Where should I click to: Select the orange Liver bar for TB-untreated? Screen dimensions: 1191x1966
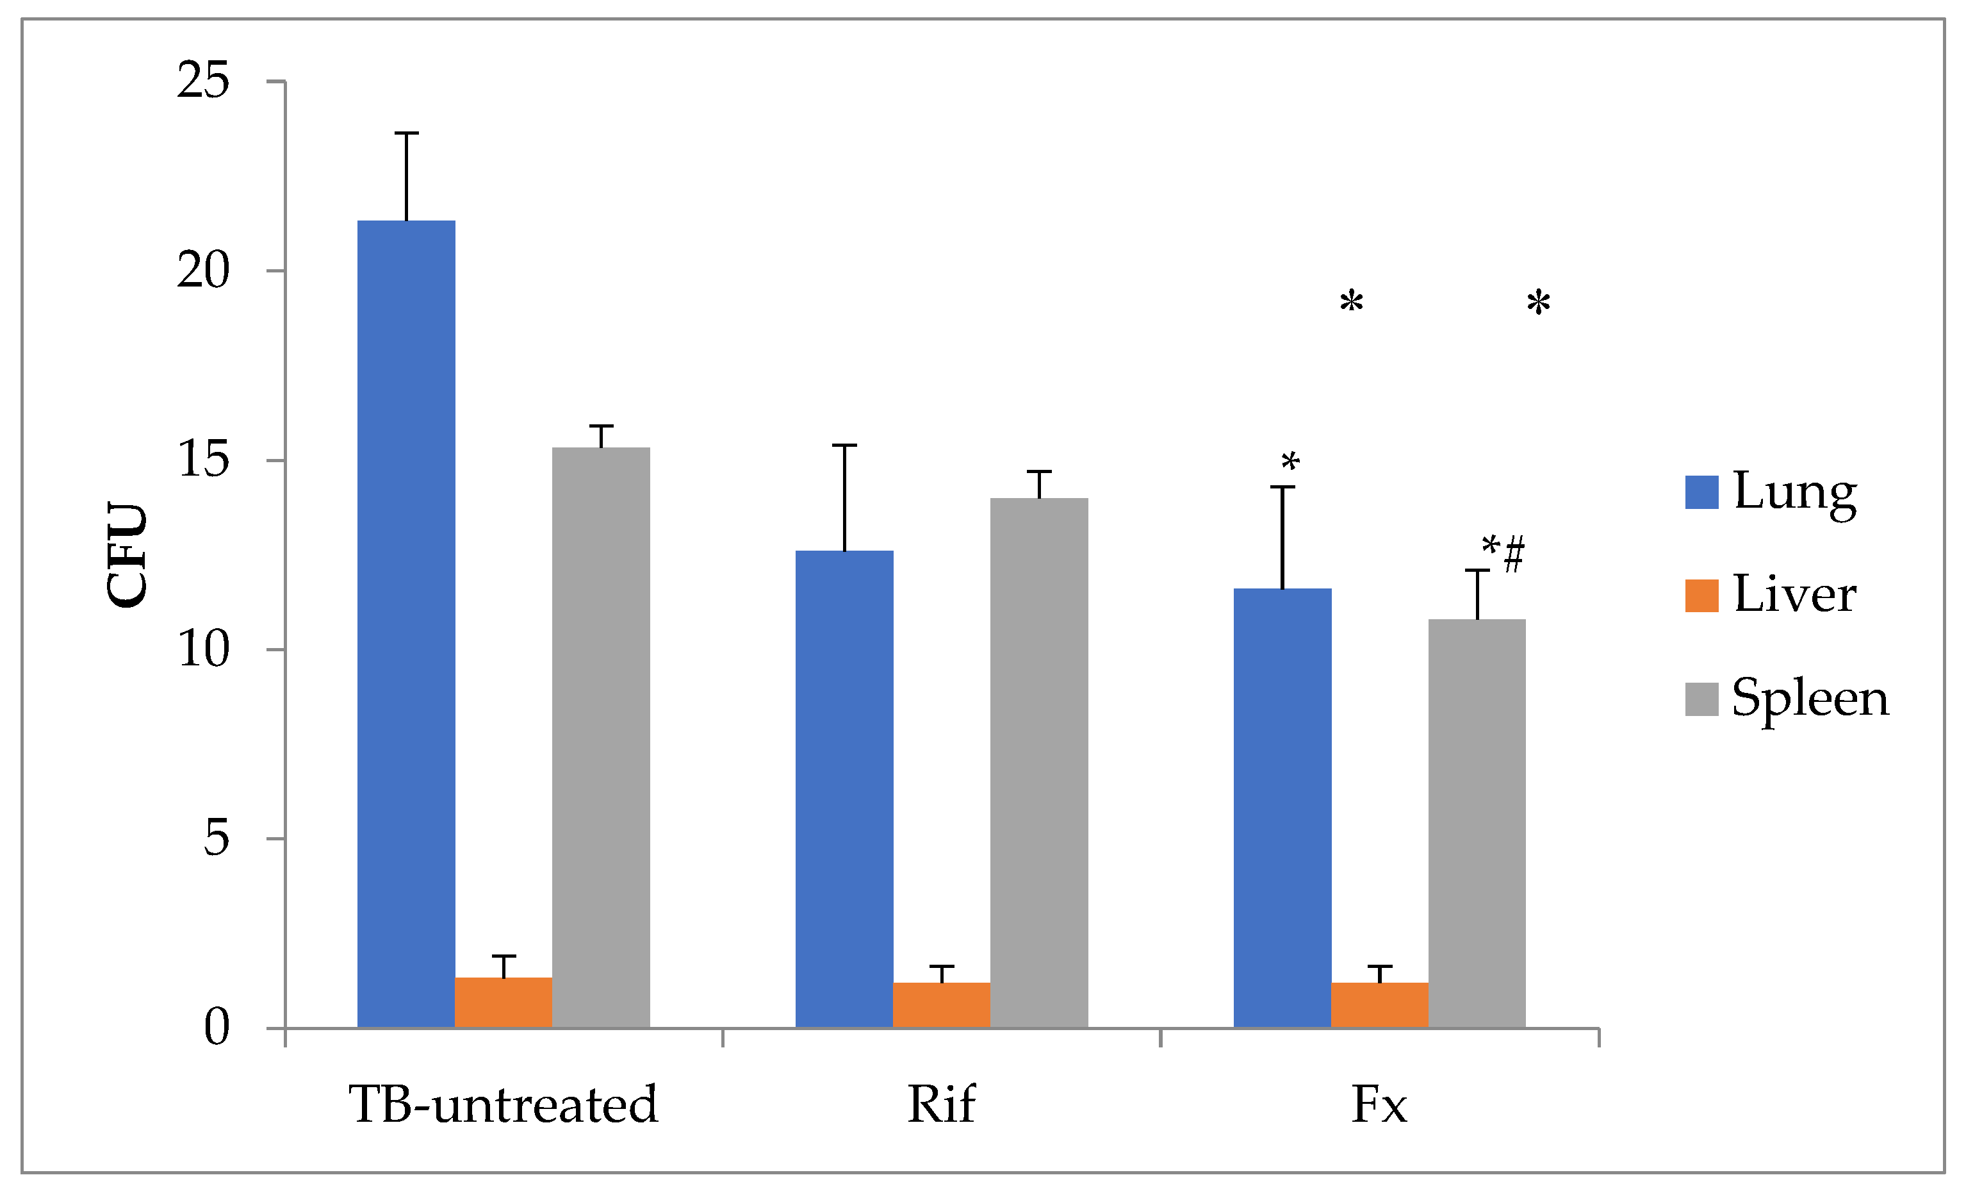tap(504, 1003)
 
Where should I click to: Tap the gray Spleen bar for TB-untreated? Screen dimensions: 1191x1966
tap(601, 738)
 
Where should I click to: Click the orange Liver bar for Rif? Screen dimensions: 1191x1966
tap(942, 1005)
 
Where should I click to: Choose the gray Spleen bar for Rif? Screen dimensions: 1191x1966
tap(1039, 762)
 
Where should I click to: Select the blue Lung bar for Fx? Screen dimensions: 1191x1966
tap(1282, 808)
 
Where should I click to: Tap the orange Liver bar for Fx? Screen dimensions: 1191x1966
tap(1380, 1005)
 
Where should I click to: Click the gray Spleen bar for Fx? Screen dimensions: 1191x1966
tap(1477, 823)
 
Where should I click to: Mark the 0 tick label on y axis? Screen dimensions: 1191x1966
tap(217, 1028)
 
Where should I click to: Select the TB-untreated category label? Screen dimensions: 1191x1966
tap(504, 1105)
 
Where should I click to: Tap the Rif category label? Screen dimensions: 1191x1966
tap(942, 1105)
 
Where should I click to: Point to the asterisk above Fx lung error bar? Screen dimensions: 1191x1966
tap(1290, 462)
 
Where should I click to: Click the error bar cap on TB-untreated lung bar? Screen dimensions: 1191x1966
tap(406, 133)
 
